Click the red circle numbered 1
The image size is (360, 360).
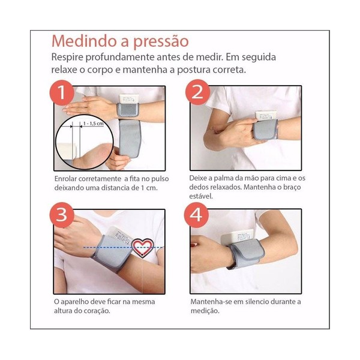point(62,92)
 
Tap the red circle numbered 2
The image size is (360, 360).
point(197,92)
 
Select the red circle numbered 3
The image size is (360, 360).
point(62,215)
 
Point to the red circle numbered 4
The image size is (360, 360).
point(196,215)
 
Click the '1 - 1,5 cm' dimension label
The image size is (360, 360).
point(94,124)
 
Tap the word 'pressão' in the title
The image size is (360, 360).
point(161,42)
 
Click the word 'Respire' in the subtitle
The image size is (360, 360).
point(67,58)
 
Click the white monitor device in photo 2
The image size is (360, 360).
point(266,116)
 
